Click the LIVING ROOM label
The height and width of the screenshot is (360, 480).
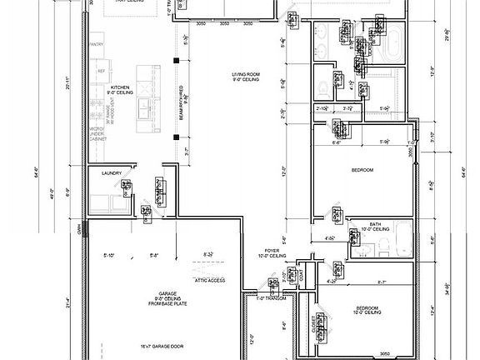(x=245, y=76)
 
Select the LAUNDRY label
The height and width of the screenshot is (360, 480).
(x=112, y=173)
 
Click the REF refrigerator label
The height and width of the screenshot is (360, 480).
(x=101, y=71)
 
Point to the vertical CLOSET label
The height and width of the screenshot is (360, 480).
(x=313, y=323)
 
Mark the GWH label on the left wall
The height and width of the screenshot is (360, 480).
(x=81, y=224)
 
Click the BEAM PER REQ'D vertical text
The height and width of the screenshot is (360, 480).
(x=180, y=108)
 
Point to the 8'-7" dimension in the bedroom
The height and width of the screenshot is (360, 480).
(x=381, y=282)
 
